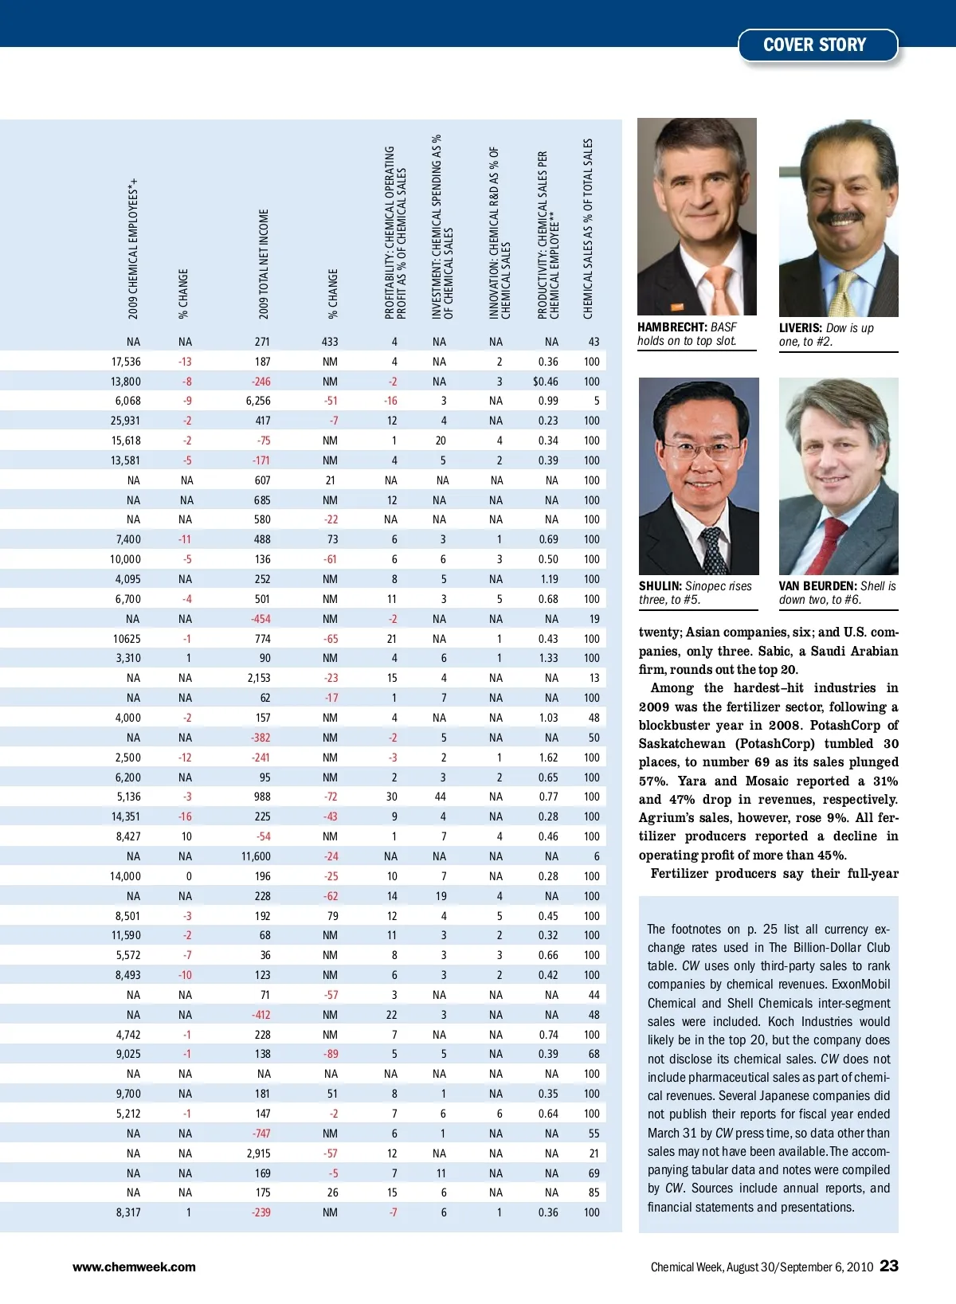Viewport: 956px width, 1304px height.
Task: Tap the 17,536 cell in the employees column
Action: coord(126,362)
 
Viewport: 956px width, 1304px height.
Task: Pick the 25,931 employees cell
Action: coord(126,421)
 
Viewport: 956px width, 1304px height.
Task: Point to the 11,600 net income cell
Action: coord(256,856)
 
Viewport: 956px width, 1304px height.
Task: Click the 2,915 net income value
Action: coord(258,1153)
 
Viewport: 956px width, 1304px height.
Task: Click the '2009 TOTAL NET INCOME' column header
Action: coord(264,264)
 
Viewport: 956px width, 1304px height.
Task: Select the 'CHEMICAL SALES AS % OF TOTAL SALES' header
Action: coord(588,229)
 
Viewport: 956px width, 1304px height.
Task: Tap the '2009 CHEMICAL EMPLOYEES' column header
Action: coord(133,249)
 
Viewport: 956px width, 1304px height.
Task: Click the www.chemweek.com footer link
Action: coord(134,1267)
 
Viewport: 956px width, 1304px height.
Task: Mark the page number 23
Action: coord(889,1266)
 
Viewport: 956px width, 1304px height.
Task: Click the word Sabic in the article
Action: coord(774,651)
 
